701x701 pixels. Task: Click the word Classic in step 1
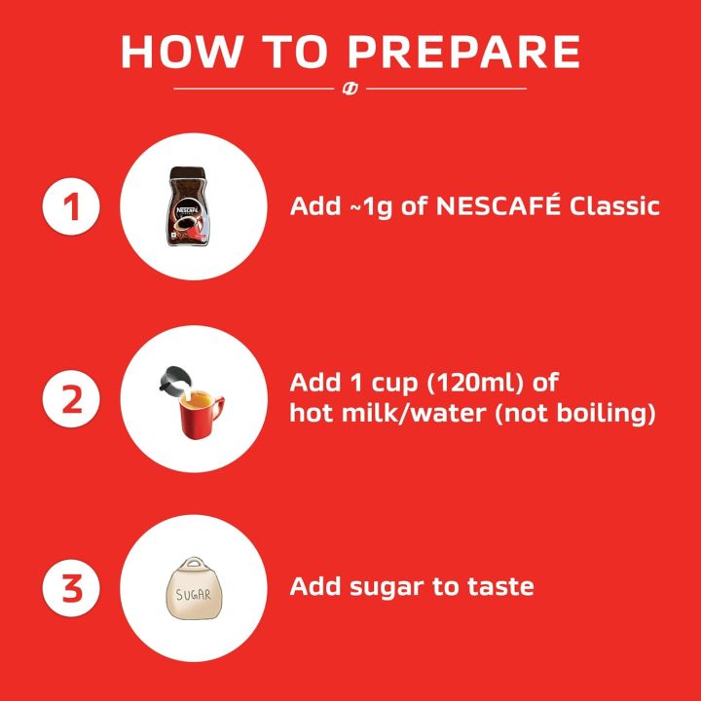(x=614, y=207)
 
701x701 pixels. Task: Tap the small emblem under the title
(x=350, y=89)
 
